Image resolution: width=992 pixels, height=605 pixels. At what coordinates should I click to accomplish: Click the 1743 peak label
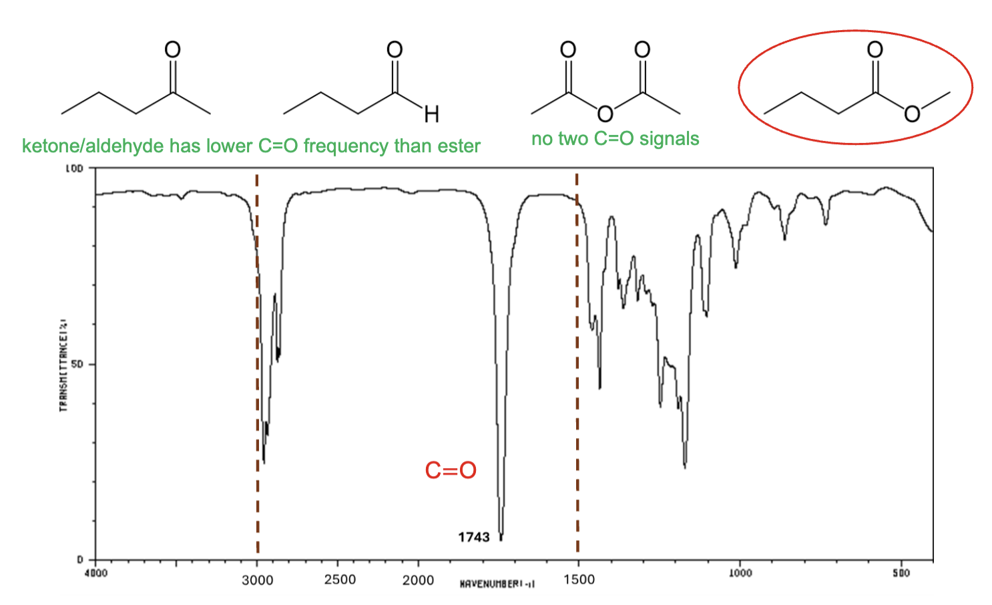click(x=473, y=537)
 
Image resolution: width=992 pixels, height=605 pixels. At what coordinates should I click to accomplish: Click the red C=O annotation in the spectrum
click(x=451, y=470)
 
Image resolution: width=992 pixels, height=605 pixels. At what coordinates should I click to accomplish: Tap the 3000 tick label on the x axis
click(x=257, y=580)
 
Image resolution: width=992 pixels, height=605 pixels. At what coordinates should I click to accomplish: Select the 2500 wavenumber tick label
click(x=340, y=580)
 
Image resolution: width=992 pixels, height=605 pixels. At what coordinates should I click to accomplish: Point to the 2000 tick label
click(x=418, y=580)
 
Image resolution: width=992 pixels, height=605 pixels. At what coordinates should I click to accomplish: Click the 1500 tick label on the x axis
click(x=579, y=580)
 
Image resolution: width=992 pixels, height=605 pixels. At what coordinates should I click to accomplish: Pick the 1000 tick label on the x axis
click(x=740, y=573)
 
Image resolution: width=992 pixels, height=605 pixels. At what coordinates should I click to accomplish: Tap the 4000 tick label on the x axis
click(x=97, y=573)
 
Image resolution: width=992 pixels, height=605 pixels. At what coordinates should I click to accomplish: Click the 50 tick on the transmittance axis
click(x=77, y=365)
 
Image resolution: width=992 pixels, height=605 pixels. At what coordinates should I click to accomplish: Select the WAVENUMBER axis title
click(x=497, y=584)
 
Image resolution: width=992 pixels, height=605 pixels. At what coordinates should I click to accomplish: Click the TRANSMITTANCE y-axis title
click(x=64, y=364)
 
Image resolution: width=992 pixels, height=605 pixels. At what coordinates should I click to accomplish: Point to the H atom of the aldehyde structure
click(x=432, y=115)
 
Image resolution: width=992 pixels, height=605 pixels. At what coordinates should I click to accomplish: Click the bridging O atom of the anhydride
click(x=605, y=114)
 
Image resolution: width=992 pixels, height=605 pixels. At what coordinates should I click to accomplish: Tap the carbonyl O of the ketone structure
click(x=172, y=49)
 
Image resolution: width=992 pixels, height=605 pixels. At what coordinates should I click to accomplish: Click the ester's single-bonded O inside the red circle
click(x=911, y=114)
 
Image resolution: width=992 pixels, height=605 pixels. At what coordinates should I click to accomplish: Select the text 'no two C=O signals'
click(x=615, y=139)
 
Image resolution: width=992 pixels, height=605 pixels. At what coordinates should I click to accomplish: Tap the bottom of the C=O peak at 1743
click(x=501, y=538)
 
